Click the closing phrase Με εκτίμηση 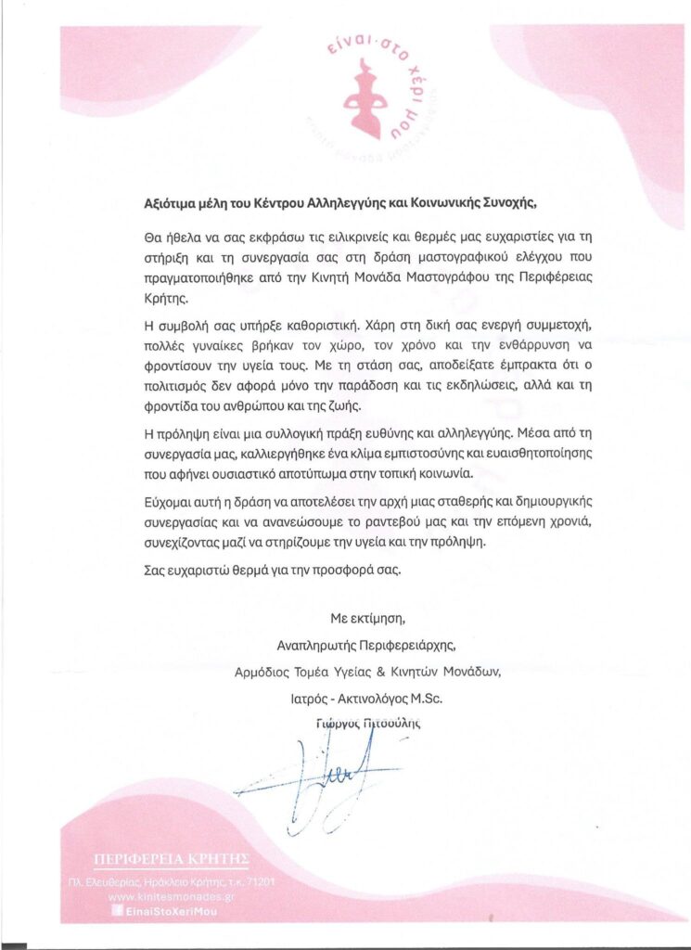click(x=368, y=616)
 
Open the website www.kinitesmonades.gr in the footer click(x=170, y=897)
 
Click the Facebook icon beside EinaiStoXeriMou click(x=116, y=913)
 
